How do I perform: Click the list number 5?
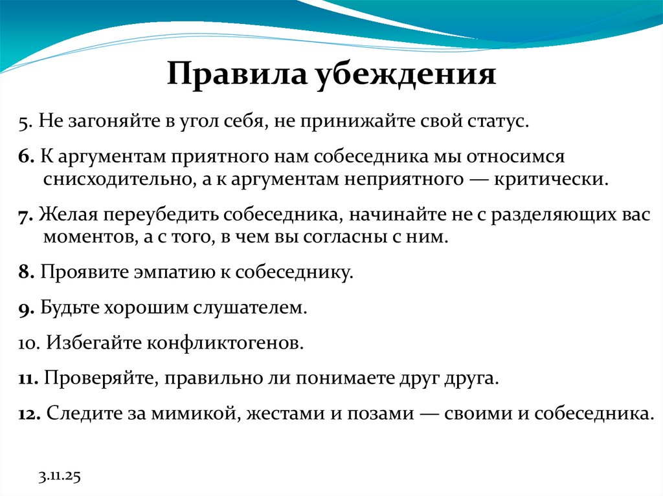pos(23,122)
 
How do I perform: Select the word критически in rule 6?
pos(551,178)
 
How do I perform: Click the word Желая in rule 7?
pos(66,215)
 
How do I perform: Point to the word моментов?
pos(86,237)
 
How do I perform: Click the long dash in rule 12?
pos(425,413)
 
